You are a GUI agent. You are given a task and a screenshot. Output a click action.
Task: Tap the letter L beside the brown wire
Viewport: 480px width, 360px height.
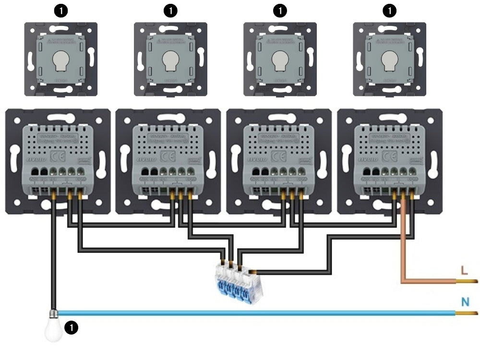pos(463,270)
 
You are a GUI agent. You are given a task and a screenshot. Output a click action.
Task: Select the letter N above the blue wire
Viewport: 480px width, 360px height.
pos(465,302)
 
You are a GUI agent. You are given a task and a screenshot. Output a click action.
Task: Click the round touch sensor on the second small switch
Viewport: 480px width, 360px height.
pos(169,60)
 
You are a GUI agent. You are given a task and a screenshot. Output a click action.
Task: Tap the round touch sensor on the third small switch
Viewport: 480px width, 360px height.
pos(280,60)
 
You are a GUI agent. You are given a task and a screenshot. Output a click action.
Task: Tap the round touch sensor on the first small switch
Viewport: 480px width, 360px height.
pos(60,60)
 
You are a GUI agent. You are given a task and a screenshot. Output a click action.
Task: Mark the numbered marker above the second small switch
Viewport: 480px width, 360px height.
pos(169,10)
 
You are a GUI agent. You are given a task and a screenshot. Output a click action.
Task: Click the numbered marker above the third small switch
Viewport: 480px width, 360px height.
pos(280,10)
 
